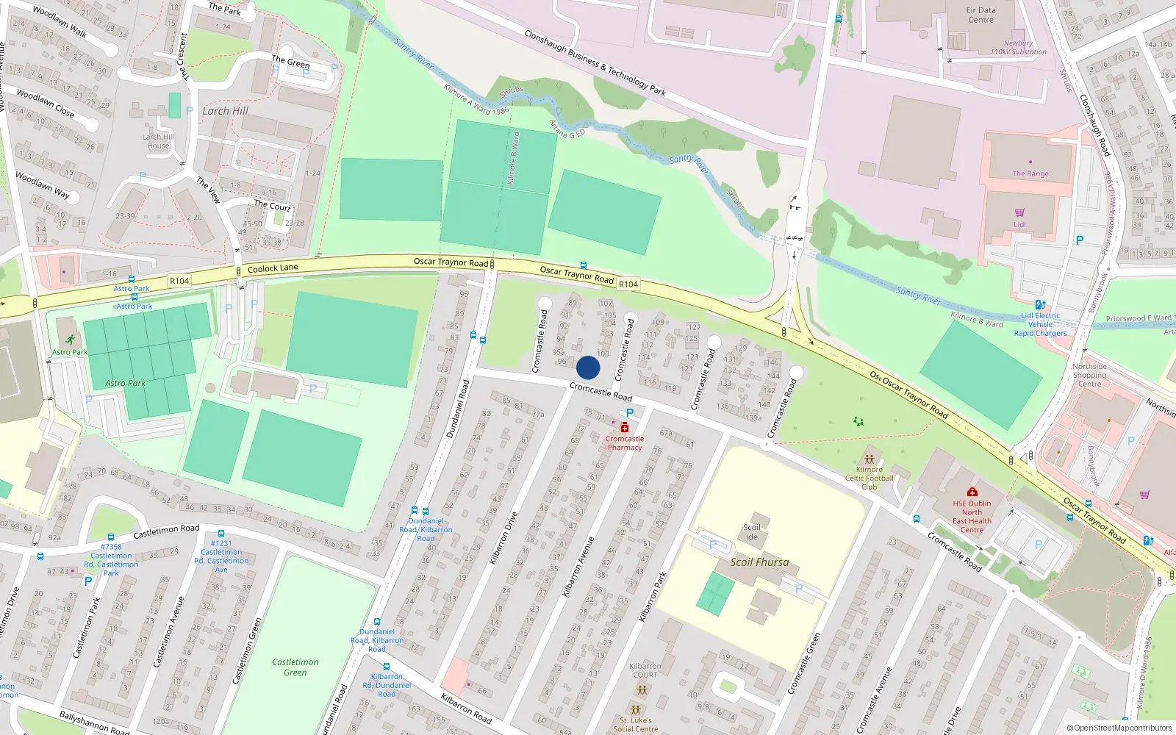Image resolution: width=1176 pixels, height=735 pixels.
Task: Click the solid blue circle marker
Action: click(588, 367)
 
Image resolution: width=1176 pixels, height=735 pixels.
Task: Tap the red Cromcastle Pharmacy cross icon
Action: click(625, 428)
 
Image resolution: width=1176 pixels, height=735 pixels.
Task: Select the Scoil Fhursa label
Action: click(759, 562)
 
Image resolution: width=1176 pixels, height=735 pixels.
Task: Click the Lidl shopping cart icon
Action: click(1020, 213)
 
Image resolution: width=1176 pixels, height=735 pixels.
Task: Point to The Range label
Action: click(1030, 174)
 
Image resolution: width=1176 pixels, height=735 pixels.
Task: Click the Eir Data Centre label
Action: click(980, 15)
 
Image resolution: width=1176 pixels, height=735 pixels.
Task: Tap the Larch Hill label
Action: click(225, 111)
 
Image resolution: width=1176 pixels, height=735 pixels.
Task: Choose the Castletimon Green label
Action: click(295, 667)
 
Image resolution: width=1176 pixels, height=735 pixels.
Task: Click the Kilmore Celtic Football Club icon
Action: click(870, 459)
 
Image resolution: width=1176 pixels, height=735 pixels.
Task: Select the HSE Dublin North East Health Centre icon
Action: click(972, 492)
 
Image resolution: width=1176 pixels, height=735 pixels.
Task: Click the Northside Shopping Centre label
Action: click(1089, 375)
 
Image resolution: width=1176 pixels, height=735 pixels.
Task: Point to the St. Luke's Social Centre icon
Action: click(636, 711)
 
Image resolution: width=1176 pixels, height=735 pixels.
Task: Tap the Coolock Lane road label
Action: click(273, 268)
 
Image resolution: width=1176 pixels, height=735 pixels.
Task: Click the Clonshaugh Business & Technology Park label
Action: click(595, 63)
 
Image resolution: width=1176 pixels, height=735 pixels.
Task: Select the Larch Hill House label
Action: click(158, 141)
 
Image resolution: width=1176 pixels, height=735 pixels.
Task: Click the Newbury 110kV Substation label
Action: click(1018, 48)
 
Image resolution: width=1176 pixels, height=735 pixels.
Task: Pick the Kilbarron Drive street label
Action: click(504, 537)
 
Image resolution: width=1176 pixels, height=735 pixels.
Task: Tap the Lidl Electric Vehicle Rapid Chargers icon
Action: click(1040, 304)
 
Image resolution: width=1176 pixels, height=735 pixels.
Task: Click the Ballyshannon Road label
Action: click(94, 723)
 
